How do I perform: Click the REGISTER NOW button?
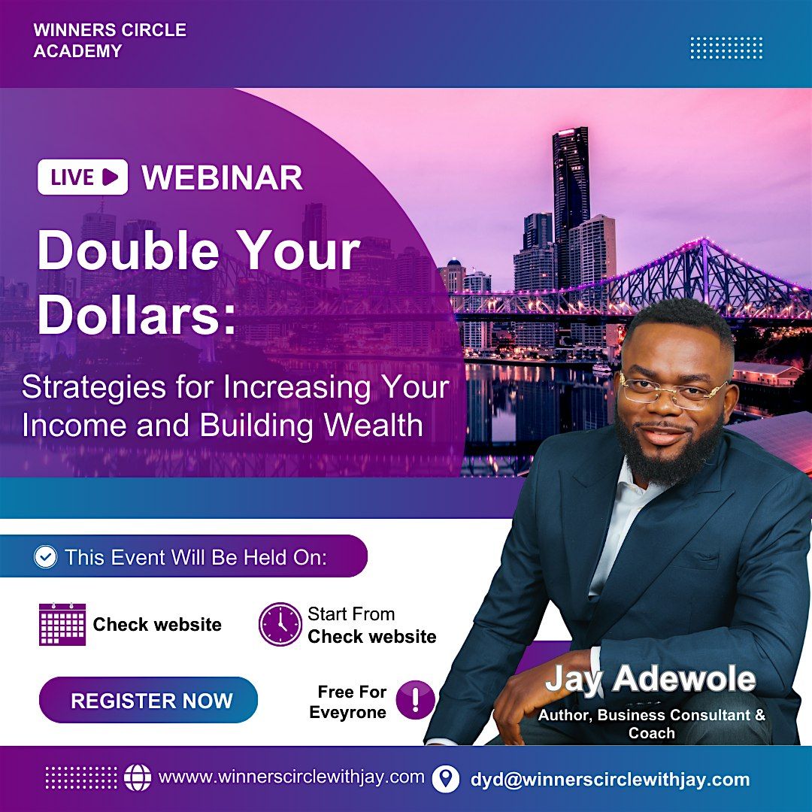(x=148, y=700)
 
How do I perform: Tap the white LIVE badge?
(x=83, y=177)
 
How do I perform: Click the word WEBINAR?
(x=223, y=178)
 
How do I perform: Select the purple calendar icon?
(x=62, y=624)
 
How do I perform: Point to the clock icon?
(x=280, y=624)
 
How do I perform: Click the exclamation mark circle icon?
(x=415, y=701)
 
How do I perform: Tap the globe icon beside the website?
(x=138, y=777)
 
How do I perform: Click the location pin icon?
(x=446, y=778)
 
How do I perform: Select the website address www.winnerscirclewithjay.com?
(x=292, y=777)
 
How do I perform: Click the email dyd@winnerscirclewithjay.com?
(x=610, y=779)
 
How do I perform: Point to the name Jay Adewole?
(x=650, y=679)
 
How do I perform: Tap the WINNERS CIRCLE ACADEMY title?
(x=110, y=41)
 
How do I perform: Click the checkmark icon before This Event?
(x=46, y=557)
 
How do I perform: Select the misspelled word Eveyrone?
(x=348, y=712)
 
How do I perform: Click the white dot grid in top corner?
(x=726, y=47)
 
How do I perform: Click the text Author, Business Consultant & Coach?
(x=651, y=723)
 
